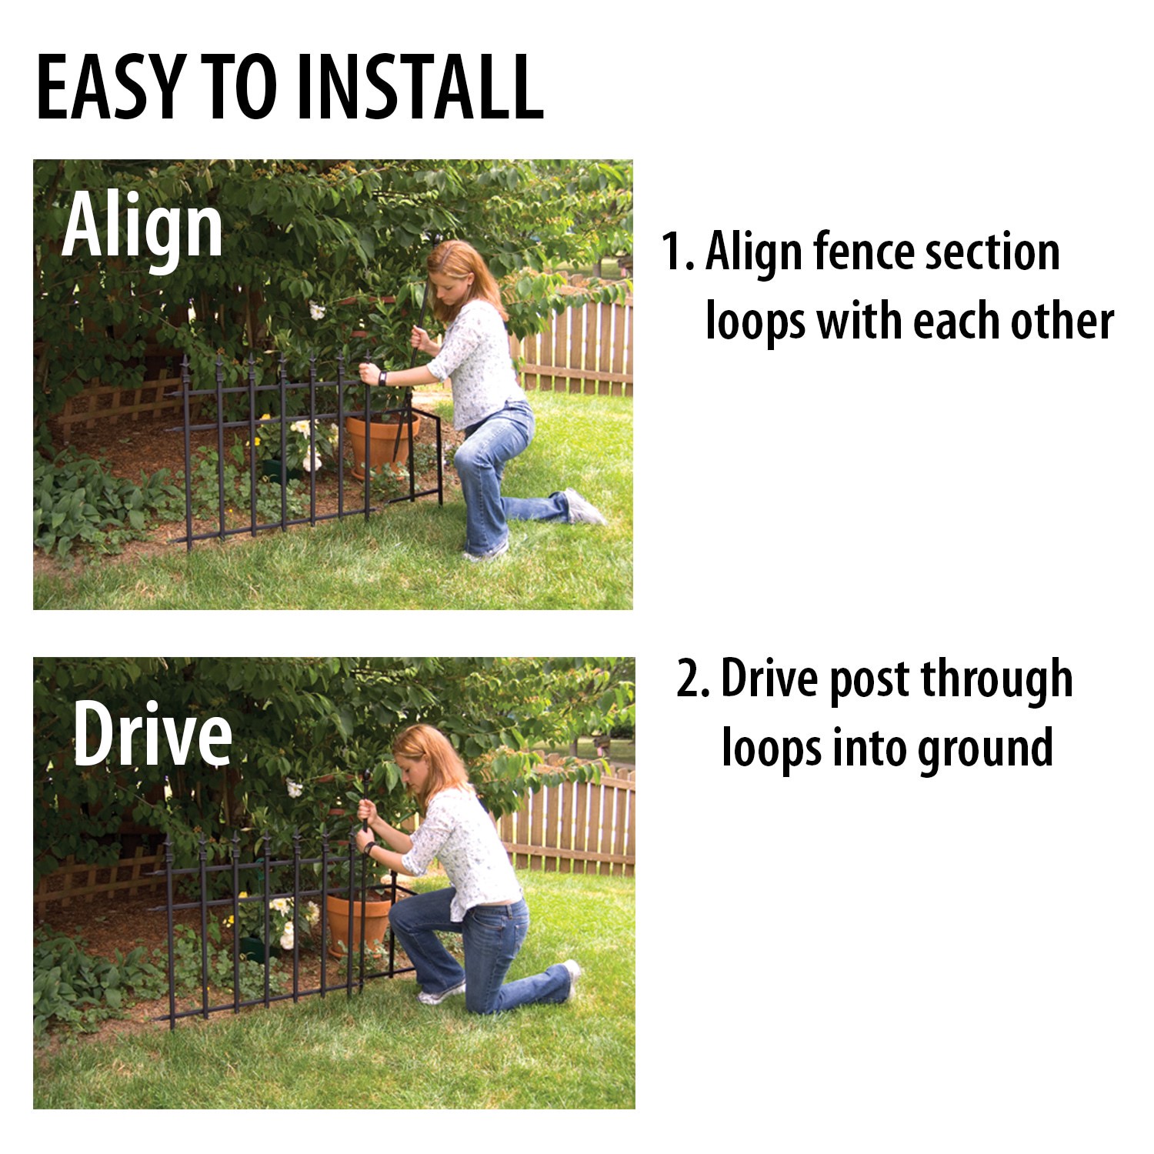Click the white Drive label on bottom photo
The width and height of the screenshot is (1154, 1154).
coord(152,735)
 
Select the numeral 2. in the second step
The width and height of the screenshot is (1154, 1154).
coord(693,679)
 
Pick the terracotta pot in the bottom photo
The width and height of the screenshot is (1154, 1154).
coord(359,923)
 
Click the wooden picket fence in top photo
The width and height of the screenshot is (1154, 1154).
coord(585,346)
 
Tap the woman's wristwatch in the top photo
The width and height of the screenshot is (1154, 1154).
coord(382,378)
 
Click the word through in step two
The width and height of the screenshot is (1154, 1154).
coord(996,679)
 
